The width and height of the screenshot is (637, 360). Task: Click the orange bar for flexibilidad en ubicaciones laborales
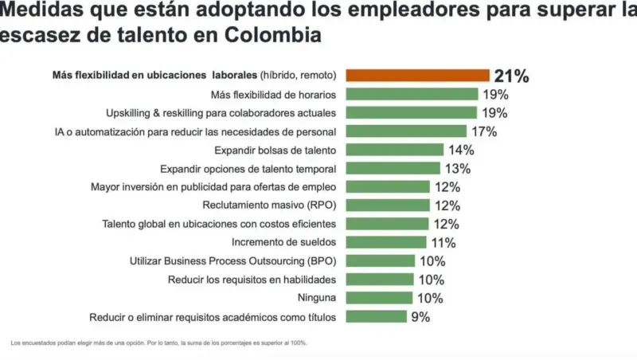(x=418, y=76)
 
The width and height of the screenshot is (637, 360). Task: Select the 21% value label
(x=512, y=76)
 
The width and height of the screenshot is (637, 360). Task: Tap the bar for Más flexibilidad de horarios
(x=412, y=94)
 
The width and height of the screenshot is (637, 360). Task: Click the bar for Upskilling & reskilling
(x=412, y=112)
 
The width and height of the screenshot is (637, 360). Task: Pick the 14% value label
(x=461, y=150)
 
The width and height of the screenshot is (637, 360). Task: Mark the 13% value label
(x=457, y=169)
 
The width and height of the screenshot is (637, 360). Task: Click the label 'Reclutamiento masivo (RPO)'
(x=269, y=205)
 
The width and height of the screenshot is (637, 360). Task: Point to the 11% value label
(x=443, y=243)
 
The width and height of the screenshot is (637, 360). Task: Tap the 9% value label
(x=420, y=317)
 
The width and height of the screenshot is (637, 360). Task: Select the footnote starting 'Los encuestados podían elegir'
(x=159, y=343)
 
